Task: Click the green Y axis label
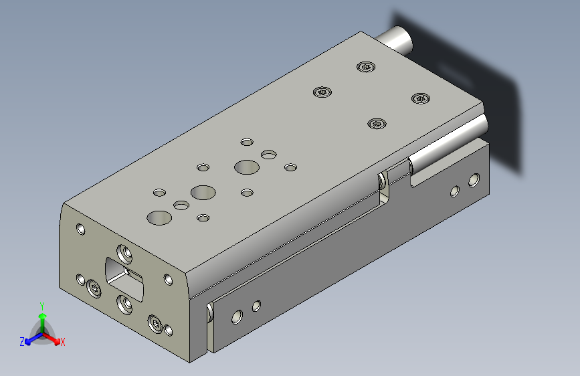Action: click(x=42, y=306)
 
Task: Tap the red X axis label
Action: click(x=62, y=343)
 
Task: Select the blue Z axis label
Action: click(x=22, y=342)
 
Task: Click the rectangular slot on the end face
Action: click(x=124, y=279)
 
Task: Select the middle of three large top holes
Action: click(x=203, y=193)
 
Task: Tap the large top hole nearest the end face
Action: click(x=159, y=218)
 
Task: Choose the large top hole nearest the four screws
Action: click(x=247, y=167)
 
